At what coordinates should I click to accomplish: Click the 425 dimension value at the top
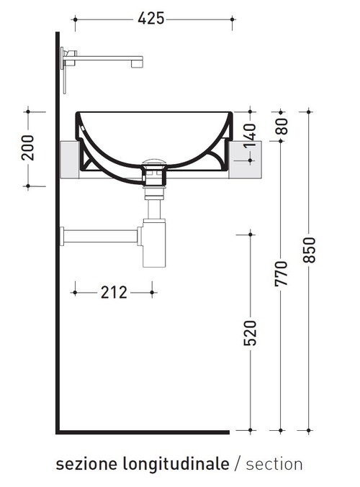coord(151,19)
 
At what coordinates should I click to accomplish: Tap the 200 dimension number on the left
coord(27,147)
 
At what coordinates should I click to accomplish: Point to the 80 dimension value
coord(281,126)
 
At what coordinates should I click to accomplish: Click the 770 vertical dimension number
coord(281,273)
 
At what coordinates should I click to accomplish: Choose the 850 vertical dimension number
coord(310,250)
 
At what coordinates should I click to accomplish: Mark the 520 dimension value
coord(250,332)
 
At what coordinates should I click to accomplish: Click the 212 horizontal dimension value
coord(114,292)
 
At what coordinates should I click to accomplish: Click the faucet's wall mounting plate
coord(65,70)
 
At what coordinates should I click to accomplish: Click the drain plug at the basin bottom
coord(153,163)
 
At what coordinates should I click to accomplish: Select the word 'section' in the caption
coord(274,464)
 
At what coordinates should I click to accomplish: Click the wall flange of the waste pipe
coord(63,235)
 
